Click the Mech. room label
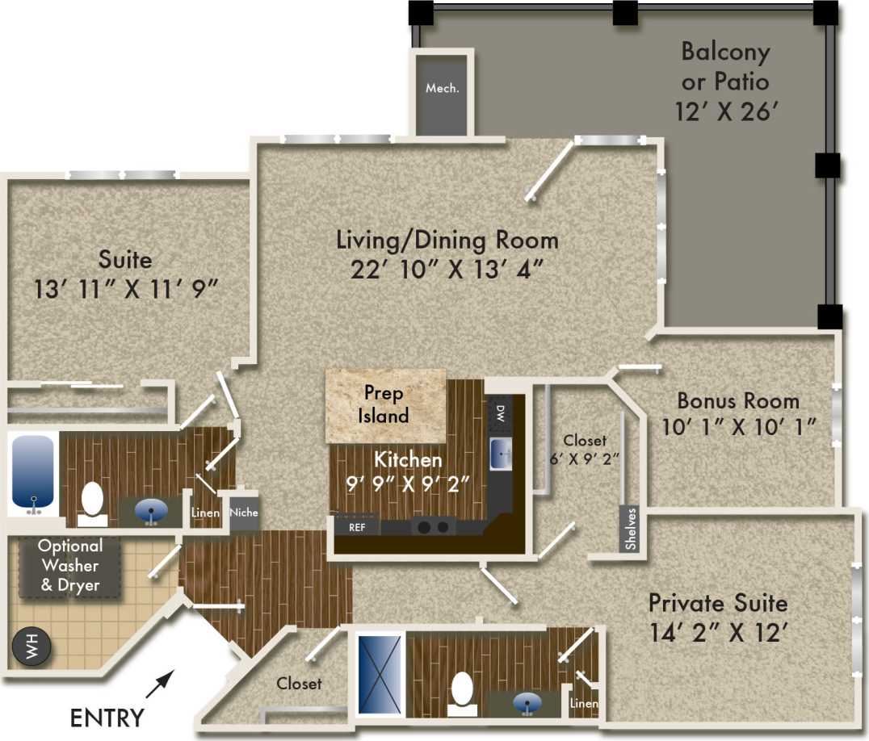[442, 88]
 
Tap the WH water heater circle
[30, 648]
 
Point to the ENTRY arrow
[160, 683]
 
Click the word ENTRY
[107, 717]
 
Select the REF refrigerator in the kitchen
[357, 527]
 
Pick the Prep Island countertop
[384, 405]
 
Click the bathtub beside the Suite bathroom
[33, 473]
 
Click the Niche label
[244, 513]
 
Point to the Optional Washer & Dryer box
[69, 565]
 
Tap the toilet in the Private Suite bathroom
[462, 693]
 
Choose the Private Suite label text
[718, 603]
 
